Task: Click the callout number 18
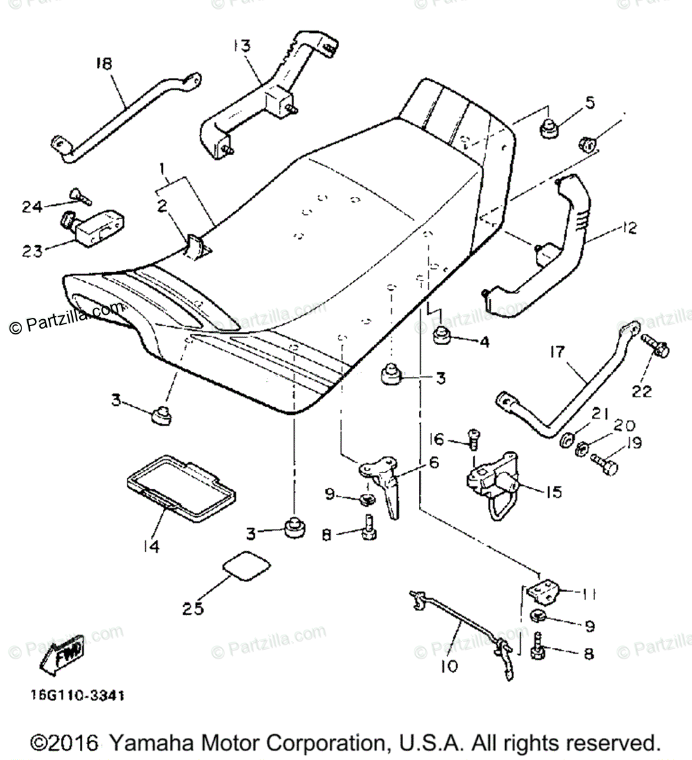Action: coord(103,63)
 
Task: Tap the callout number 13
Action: coord(241,46)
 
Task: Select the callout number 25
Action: coord(193,609)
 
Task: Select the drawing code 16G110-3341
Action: coord(76,695)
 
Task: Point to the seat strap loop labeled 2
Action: coord(196,246)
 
